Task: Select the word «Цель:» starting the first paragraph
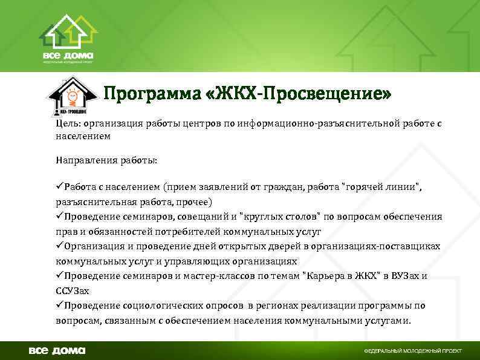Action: [68, 123]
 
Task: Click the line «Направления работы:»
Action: [106, 160]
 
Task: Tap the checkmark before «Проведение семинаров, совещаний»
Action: [59, 216]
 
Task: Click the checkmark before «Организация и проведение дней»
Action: [59, 246]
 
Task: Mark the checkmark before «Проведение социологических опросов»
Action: [59, 306]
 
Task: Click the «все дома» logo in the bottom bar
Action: [58, 350]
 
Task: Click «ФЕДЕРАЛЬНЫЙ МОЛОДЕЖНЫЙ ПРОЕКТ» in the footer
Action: [412, 351]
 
